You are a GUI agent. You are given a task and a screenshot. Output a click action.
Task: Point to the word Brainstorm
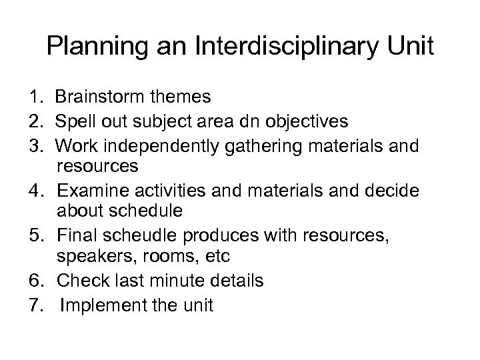pos(97,98)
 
